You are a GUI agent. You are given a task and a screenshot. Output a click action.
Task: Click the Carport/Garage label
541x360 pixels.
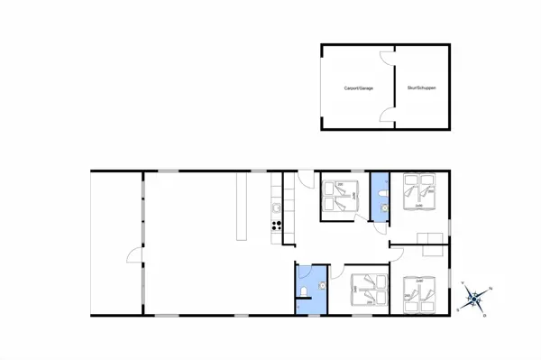click(358, 88)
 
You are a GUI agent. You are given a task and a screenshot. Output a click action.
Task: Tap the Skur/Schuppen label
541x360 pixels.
click(420, 88)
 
